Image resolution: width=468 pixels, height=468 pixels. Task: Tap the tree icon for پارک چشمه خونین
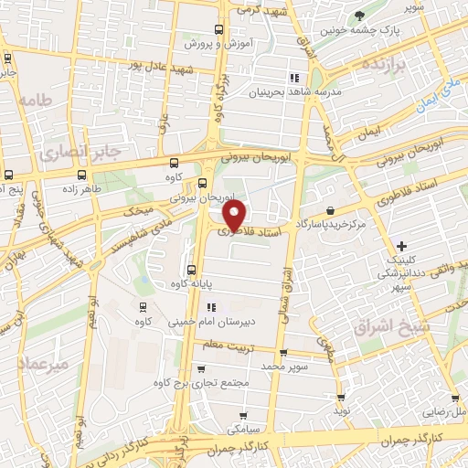[x=358, y=16]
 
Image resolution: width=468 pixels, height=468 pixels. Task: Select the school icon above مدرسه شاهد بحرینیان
[x=294, y=79]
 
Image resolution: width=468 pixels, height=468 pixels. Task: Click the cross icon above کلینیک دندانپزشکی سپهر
[x=402, y=245]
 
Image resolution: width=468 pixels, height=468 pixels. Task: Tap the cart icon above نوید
[x=341, y=398]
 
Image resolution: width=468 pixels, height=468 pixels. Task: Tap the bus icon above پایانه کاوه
[x=191, y=270]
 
